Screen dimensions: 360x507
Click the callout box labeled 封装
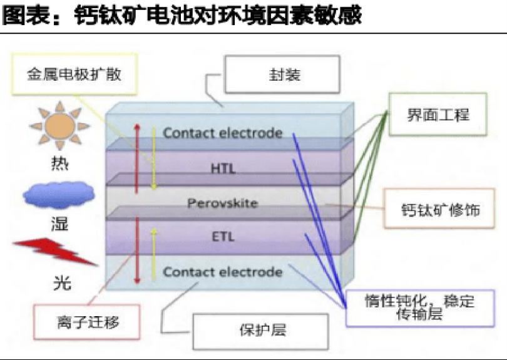point(282,76)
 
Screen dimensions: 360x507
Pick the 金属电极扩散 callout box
point(73,75)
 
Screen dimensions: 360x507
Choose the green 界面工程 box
point(438,115)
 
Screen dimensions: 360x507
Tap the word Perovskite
point(222,203)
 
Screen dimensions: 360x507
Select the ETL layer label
point(222,237)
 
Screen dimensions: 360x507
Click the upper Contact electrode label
point(222,133)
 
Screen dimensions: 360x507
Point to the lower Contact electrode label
point(222,272)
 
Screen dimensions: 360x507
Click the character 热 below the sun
point(58,167)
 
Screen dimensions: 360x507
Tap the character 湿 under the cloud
point(58,224)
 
